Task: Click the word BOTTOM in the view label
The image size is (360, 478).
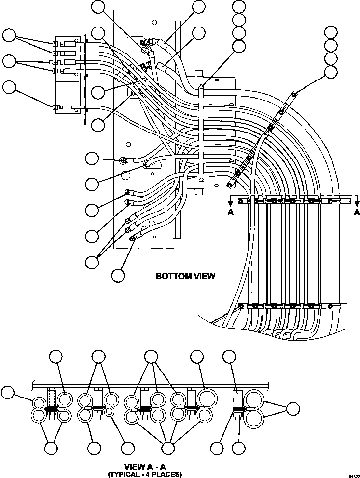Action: click(x=169, y=276)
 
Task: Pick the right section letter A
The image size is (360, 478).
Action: click(x=357, y=212)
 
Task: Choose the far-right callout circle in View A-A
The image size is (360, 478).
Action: click(x=293, y=408)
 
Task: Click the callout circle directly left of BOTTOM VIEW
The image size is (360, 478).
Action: click(x=118, y=275)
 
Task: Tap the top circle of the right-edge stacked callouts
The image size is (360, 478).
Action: click(x=332, y=33)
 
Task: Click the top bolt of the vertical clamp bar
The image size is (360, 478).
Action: click(x=201, y=87)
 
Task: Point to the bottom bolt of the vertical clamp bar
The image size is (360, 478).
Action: click(x=201, y=180)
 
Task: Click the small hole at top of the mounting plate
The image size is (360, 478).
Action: click(x=155, y=22)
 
